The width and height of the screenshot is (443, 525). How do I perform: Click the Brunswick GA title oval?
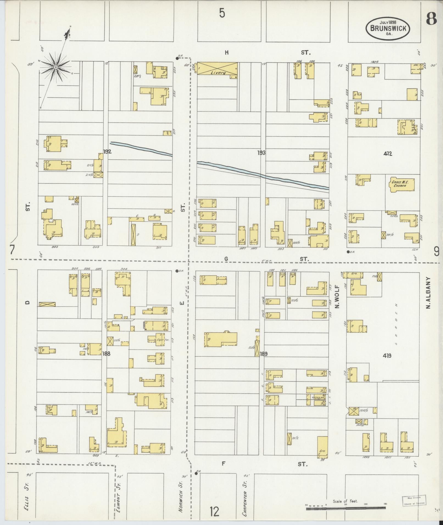(388, 28)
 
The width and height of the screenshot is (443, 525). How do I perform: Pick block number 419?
(387, 356)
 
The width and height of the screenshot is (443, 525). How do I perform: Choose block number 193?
(261, 153)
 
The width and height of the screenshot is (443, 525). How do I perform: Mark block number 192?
(107, 151)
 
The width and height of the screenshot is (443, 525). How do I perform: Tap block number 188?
(106, 354)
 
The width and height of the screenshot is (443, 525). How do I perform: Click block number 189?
(263, 354)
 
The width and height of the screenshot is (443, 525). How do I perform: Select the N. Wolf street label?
(337, 296)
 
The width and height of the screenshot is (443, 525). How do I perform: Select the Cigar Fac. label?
(164, 340)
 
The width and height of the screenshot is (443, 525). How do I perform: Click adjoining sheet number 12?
(214, 512)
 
